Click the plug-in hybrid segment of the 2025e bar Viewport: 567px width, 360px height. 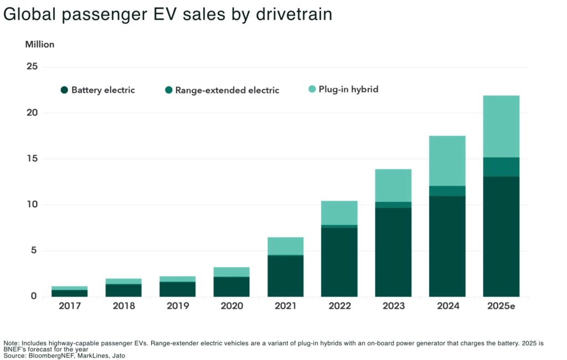pos(501,126)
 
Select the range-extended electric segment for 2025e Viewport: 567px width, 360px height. pos(501,167)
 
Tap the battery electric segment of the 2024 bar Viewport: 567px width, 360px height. pos(447,246)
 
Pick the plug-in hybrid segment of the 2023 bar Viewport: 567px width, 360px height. pos(393,185)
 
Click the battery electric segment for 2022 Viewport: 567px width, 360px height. pos(339,261)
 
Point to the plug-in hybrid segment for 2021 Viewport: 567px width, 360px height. pos(285,246)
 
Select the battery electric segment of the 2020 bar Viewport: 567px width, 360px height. pos(231,286)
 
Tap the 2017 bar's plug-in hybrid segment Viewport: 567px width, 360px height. pos(70,288)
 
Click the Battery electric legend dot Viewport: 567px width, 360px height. pos(64,90)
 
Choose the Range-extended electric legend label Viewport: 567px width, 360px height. pos(227,90)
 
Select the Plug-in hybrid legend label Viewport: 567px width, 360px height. pos(348,89)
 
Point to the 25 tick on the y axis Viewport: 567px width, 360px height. pos(32,67)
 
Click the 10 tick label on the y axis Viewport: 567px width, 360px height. pos(32,205)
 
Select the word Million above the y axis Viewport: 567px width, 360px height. pos(40,44)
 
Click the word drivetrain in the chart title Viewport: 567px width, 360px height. pos(292,14)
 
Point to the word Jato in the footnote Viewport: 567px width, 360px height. pos(116,356)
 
